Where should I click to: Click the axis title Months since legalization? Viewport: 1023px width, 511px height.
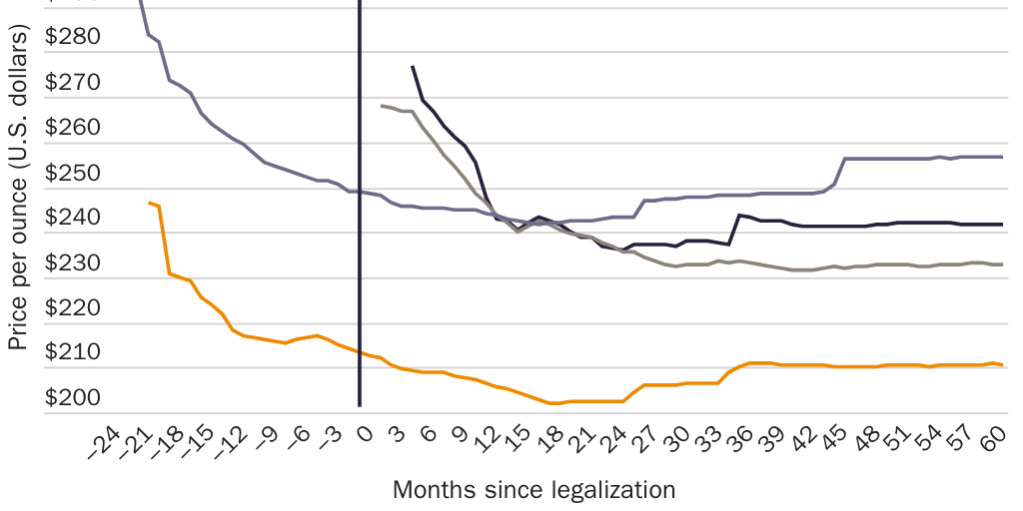pos(533,490)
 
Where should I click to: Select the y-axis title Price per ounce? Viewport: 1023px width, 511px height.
pos(17,187)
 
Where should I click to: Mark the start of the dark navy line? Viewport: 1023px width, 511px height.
pos(412,66)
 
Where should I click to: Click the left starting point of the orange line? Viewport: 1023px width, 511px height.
pos(149,203)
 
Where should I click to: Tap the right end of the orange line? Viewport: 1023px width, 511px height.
pos(1002,365)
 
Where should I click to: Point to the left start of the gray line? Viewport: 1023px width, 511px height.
pos(381,105)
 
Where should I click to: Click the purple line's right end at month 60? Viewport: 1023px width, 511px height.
pos(1002,157)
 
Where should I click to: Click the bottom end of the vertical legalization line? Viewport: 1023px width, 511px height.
pos(360,406)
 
